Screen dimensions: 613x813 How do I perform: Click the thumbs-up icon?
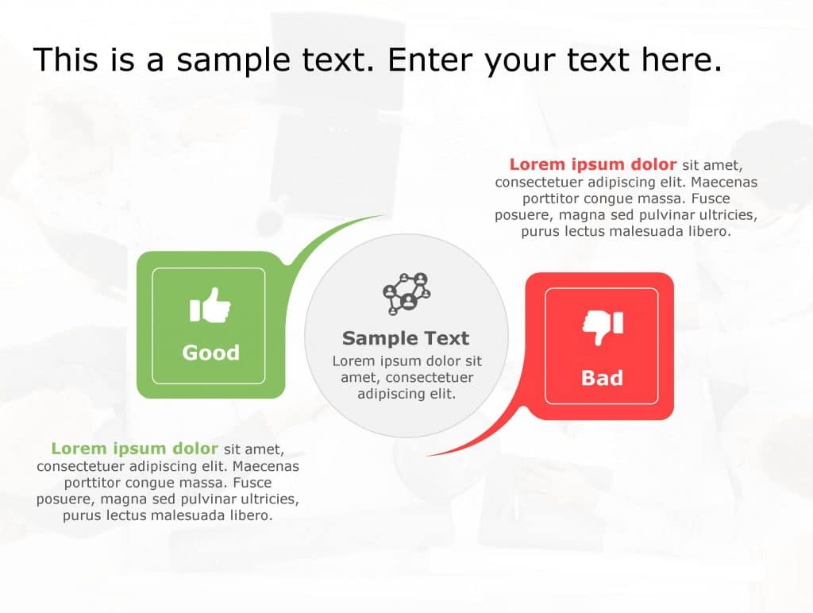[210, 306]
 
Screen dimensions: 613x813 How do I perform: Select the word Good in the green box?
[210, 353]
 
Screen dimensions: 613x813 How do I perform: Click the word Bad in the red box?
[602, 378]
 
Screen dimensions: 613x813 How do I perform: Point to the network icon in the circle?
[406, 293]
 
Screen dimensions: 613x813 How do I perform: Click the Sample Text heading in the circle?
[406, 338]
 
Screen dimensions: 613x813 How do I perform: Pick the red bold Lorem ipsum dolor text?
[592, 165]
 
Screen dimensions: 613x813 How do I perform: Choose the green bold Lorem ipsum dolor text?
[134, 449]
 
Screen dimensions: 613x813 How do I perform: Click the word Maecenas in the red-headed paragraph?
[722, 182]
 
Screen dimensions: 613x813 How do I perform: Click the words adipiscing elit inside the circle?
[406, 394]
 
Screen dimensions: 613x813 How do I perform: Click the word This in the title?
[66, 60]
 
